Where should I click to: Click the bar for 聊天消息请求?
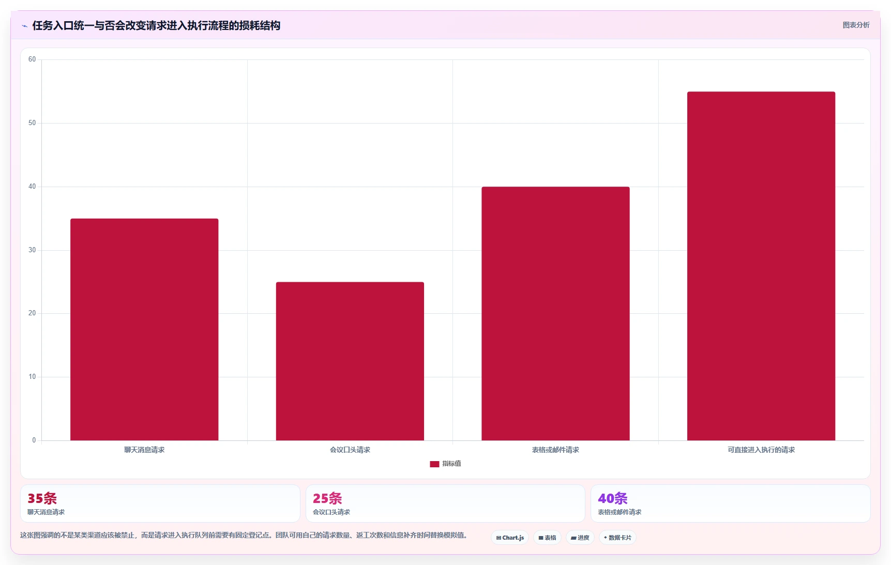pos(144,329)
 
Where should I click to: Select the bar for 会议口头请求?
pos(350,361)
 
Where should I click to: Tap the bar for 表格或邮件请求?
pos(555,313)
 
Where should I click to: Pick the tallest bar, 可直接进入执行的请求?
pos(761,266)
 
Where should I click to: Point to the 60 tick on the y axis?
pos(32,59)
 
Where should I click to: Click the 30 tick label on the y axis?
pos(32,250)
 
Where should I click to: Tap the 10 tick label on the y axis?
pos(32,377)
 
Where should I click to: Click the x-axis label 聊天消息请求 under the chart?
pos(144,450)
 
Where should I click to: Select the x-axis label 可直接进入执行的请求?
pos(761,450)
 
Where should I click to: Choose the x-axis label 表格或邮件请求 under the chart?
pos(555,450)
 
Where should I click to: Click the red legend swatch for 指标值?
pos(434,464)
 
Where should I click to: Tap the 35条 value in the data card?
pos(42,498)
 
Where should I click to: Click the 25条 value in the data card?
pos(327,498)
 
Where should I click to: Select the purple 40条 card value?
pos(613,498)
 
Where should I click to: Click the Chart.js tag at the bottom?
pos(510,538)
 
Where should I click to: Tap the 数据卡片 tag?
pos(617,538)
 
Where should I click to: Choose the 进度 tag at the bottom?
pos(580,538)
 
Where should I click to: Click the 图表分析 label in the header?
pos(856,25)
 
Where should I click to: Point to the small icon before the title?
pos(24,26)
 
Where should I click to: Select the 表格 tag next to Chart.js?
pos(547,538)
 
